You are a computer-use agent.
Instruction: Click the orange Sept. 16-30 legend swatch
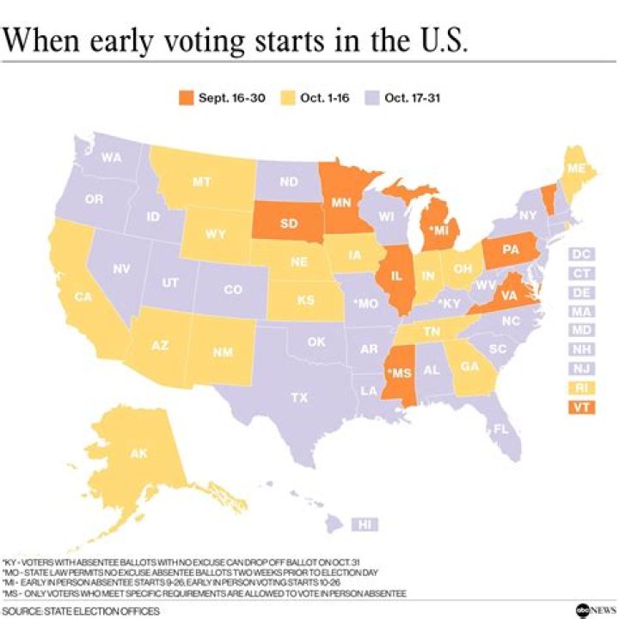184,98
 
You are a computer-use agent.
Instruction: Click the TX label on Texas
299,397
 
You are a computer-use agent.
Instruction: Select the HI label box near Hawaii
365,524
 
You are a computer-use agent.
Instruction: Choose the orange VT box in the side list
581,408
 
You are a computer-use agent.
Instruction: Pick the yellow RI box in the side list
581,389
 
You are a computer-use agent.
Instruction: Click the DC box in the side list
581,254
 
